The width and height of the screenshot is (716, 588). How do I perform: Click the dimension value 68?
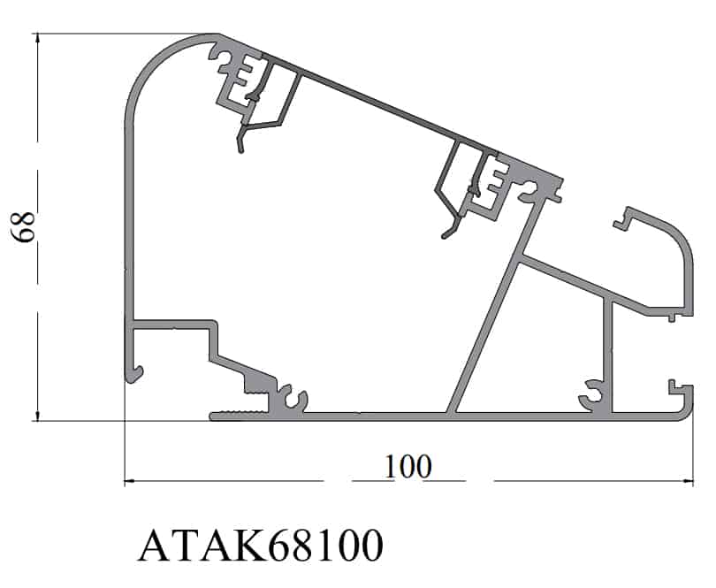pos(23,227)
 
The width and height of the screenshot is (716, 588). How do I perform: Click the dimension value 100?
pos(408,467)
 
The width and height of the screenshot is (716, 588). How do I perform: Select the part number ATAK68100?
pos(260,545)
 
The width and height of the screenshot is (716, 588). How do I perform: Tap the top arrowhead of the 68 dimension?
pos(37,39)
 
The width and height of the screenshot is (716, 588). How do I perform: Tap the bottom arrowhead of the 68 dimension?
pos(37,415)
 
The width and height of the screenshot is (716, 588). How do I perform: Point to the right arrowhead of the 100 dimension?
pos(686,481)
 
